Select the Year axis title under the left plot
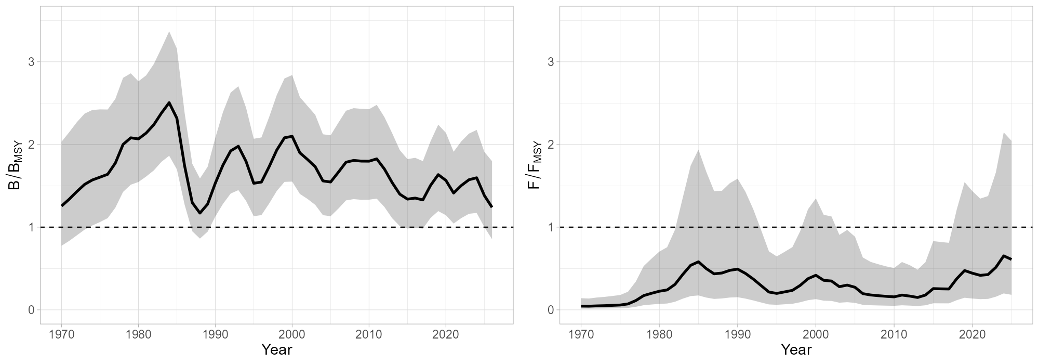pyautogui.click(x=276, y=349)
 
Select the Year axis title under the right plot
pyautogui.click(x=796, y=349)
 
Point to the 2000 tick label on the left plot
pyautogui.click(x=292, y=333)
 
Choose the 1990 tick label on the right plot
pyautogui.click(x=737, y=333)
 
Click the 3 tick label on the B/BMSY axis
pyautogui.click(x=31, y=62)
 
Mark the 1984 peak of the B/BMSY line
pyautogui.click(x=169, y=102)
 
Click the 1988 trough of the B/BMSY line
pyautogui.click(x=199, y=213)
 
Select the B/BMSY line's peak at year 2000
pyautogui.click(x=292, y=136)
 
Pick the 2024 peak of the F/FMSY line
pyautogui.click(x=1003, y=256)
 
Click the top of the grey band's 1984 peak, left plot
pyautogui.click(x=169, y=32)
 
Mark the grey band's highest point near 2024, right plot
pyautogui.click(x=1003, y=133)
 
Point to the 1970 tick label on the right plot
pyautogui.click(x=581, y=333)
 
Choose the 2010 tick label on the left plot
pyautogui.click(x=369, y=333)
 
